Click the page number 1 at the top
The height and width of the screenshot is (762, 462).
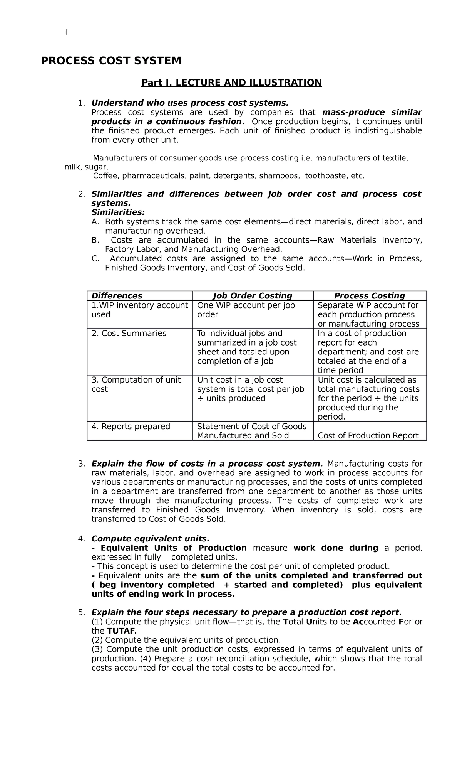67,33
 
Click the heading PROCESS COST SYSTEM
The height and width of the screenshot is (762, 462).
111,61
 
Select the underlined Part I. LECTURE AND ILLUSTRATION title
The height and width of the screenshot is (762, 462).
231,83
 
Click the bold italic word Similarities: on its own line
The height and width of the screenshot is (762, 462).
118,212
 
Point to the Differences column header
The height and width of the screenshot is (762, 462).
117,296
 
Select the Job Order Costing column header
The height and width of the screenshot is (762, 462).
253,296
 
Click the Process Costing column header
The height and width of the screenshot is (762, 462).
369,296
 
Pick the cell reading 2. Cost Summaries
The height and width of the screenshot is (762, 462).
129,334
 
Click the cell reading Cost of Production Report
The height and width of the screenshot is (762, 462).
368,436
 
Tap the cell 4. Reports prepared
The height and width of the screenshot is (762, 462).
131,427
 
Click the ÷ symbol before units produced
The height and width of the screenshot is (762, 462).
200,398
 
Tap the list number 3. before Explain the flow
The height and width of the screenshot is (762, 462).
81,464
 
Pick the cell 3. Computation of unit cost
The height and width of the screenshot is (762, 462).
136,384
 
